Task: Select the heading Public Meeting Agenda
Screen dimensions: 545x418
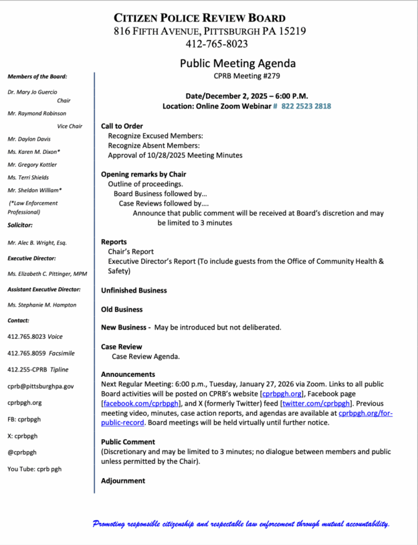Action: [x=237, y=64]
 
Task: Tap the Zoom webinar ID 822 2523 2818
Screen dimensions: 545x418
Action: [x=306, y=106]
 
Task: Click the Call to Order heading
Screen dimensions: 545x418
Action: [x=122, y=126]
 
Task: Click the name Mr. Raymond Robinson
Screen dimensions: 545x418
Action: [x=37, y=114]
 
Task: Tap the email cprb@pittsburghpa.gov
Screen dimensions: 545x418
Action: [x=41, y=386]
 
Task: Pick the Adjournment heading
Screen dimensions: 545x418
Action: [x=123, y=481]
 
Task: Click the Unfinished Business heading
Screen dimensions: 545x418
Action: [x=134, y=291]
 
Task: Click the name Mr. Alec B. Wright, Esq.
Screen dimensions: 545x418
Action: [x=37, y=242]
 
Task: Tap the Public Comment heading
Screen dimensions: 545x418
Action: [x=128, y=442]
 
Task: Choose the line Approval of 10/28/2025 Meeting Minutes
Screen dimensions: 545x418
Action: [x=175, y=155]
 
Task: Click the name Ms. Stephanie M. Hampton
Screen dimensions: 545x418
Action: [x=41, y=305]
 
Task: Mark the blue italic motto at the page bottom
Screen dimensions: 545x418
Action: [x=241, y=524]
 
